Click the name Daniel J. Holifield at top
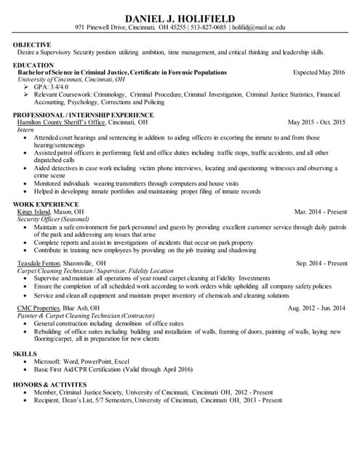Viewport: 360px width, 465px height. [180, 17]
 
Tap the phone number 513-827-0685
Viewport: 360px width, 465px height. [209, 28]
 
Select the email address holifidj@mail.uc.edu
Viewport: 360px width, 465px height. [258, 28]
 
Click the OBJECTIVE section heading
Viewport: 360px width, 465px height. [32, 44]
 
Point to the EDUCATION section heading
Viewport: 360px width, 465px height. [33, 65]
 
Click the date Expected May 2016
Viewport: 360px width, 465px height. [319, 73]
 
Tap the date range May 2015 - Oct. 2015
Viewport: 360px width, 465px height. [316, 123]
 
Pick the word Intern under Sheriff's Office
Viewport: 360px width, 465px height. [25, 130]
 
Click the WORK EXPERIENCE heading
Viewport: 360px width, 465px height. [41, 204]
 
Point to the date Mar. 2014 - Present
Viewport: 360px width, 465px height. [321, 211]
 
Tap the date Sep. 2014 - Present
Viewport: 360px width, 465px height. [321, 263]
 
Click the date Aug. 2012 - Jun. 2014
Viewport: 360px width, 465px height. [316, 308]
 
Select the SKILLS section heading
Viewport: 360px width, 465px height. [25, 353]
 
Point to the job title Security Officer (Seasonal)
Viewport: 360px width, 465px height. [52, 219]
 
